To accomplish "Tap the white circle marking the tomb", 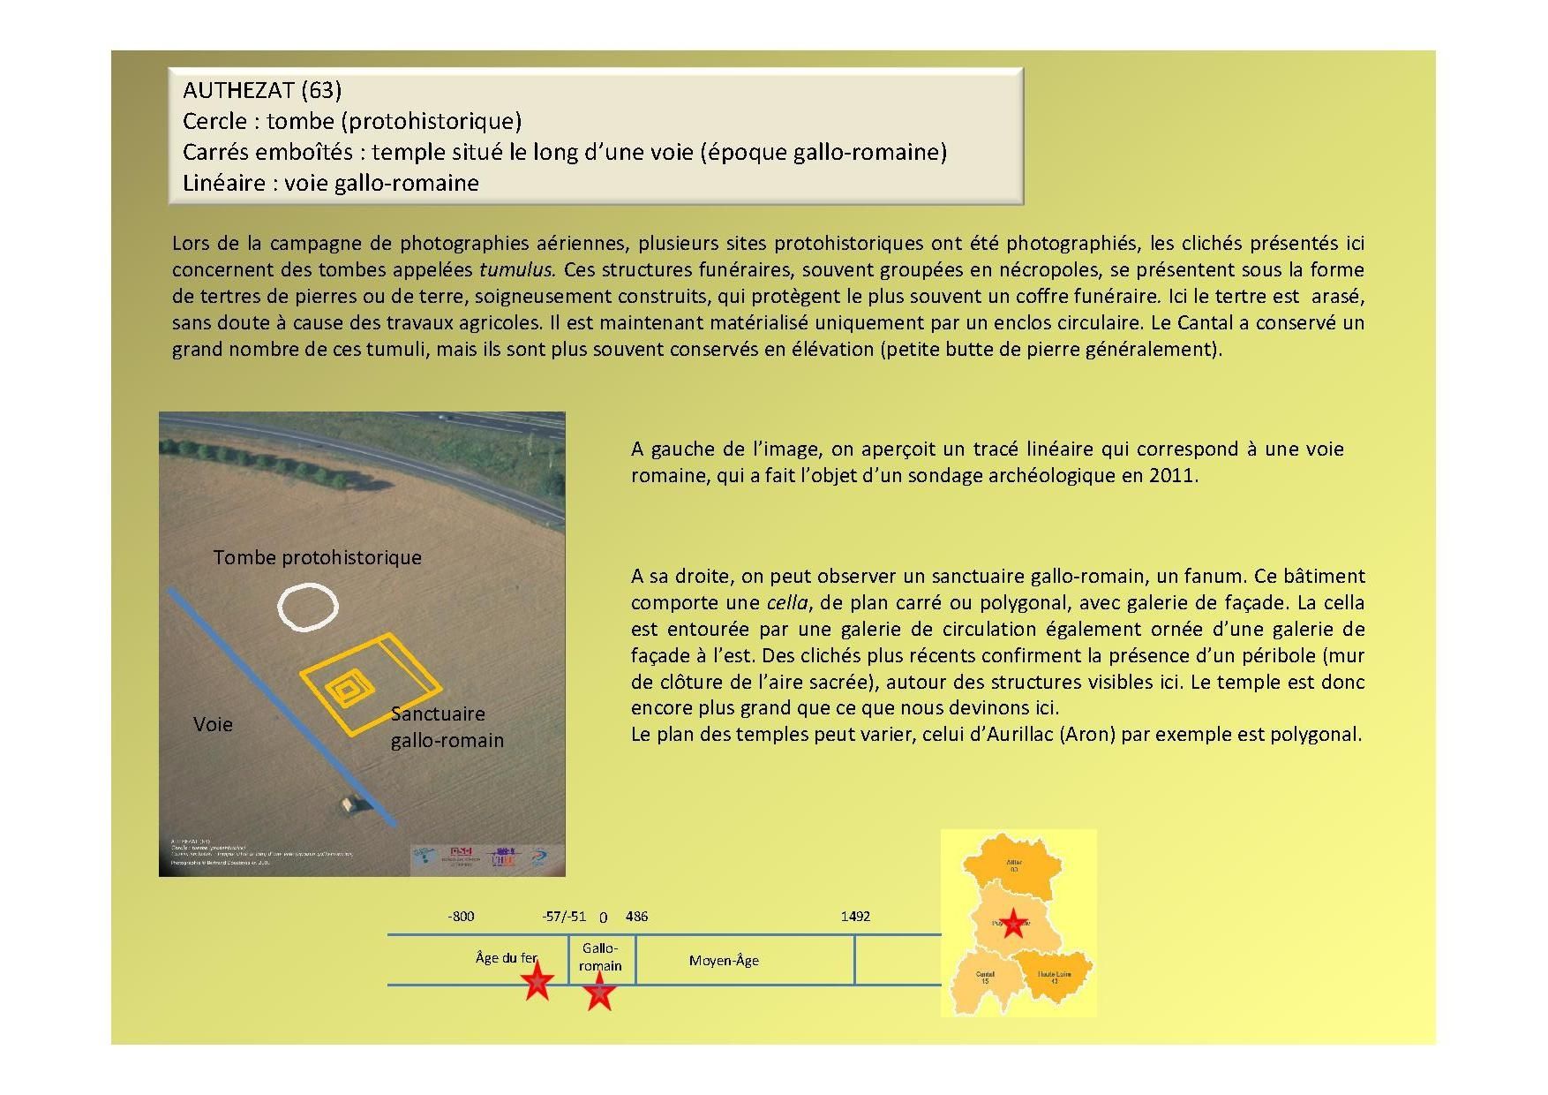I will pyautogui.click(x=307, y=606).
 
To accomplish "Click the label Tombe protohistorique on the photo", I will pyautogui.click(x=317, y=557).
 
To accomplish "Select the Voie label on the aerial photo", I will pyautogui.click(x=213, y=724).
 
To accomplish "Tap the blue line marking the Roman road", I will pyautogui.click(x=282, y=706).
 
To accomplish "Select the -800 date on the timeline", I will pyautogui.click(x=461, y=916).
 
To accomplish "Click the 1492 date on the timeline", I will pyautogui.click(x=855, y=916).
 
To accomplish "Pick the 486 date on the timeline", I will pyautogui.click(x=636, y=916).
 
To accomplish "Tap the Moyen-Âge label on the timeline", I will pyautogui.click(x=724, y=960).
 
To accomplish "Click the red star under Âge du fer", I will pyautogui.click(x=536, y=981).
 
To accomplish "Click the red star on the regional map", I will pyautogui.click(x=1012, y=924).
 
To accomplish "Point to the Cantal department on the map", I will pyautogui.click(x=984, y=980).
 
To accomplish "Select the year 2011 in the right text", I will pyautogui.click(x=1172, y=475).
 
